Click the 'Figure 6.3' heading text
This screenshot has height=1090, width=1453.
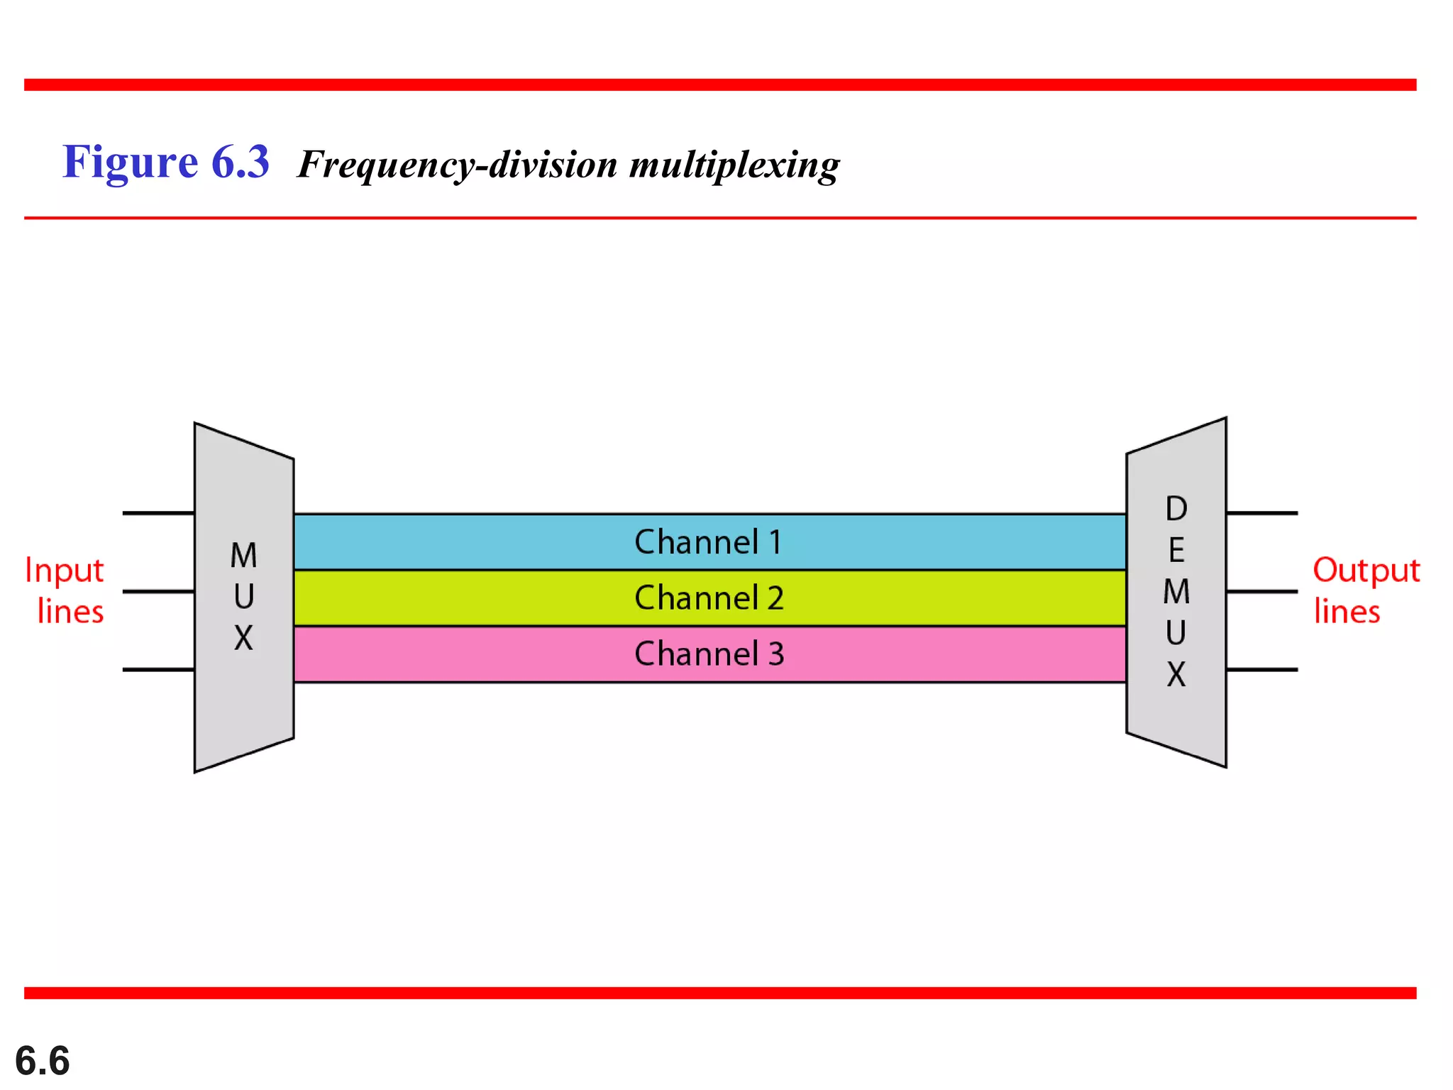coord(165,162)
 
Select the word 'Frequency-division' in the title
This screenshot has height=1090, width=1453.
coord(457,165)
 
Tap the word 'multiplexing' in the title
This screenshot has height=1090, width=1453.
coord(734,165)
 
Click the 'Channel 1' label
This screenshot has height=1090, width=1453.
coord(708,542)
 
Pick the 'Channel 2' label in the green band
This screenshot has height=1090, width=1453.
coord(709,598)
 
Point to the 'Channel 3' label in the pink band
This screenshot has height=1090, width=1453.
coord(709,654)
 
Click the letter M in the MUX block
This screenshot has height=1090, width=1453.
coord(243,555)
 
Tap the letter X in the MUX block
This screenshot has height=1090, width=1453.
coord(243,638)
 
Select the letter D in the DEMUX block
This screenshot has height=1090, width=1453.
coord(1176,508)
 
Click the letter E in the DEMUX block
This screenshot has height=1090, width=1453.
coord(1176,550)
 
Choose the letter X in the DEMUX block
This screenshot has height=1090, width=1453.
coord(1176,674)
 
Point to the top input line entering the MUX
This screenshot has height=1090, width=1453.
coord(158,512)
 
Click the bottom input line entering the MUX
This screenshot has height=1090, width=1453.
coord(158,669)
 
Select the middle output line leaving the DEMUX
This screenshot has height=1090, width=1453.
coord(1261,591)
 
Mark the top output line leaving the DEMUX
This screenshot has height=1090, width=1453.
coord(1261,512)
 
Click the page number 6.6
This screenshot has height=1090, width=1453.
coord(42,1061)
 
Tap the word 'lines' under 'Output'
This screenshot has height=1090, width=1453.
coord(1347,612)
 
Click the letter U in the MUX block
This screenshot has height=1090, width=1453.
coord(243,597)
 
